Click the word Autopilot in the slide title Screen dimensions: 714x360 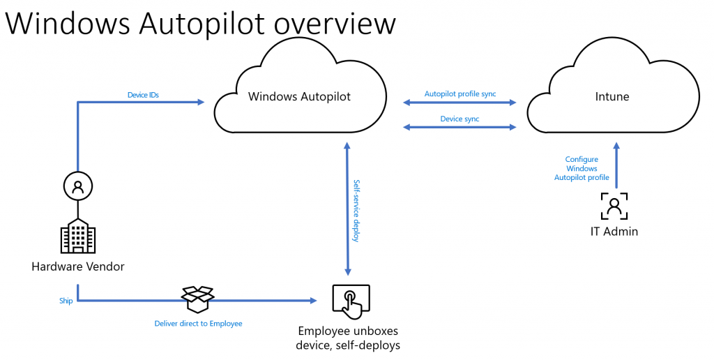(x=201, y=23)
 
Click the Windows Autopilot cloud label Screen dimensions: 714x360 (x=299, y=96)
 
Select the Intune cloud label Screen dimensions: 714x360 (x=612, y=96)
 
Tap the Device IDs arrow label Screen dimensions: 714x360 (x=143, y=95)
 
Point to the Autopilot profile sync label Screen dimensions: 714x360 (x=460, y=94)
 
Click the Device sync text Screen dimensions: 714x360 (x=459, y=119)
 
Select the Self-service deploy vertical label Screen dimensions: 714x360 (x=357, y=211)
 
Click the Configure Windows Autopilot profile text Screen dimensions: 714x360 (x=582, y=168)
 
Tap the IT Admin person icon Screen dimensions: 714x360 (x=614, y=206)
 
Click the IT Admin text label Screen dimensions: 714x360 (x=614, y=232)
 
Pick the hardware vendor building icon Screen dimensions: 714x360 (x=78, y=236)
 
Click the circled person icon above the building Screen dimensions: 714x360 (x=78, y=186)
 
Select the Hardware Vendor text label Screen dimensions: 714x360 (x=78, y=267)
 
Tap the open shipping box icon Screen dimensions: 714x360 (x=197, y=299)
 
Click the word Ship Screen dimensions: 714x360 (x=66, y=301)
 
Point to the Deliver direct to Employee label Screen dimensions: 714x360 (x=198, y=324)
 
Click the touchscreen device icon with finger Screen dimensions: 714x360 (x=351, y=301)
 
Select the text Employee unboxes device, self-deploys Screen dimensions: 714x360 (x=348, y=338)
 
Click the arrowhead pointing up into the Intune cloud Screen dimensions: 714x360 (x=616, y=147)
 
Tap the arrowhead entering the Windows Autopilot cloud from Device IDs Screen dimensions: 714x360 (x=200, y=102)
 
